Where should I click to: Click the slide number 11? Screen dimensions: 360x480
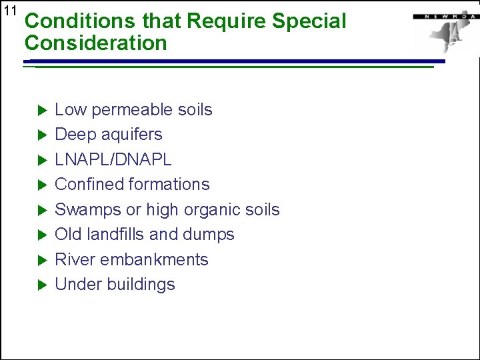click(x=9, y=11)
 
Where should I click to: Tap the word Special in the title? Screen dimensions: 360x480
click(x=310, y=21)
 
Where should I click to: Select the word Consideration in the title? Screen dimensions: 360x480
click(x=95, y=43)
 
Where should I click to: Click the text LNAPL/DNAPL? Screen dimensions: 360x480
click(x=113, y=160)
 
